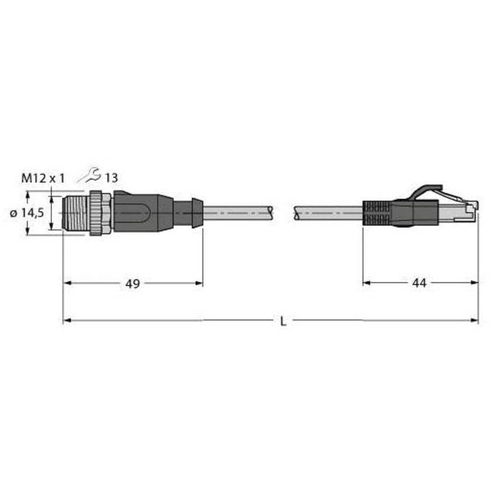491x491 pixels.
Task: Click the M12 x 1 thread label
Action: (43, 179)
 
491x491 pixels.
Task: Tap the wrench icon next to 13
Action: (91, 174)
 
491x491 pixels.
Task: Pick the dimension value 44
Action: (419, 283)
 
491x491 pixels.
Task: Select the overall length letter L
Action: (283, 321)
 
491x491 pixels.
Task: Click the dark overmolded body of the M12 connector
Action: (142, 213)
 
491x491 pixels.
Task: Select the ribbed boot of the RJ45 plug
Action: (377, 213)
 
